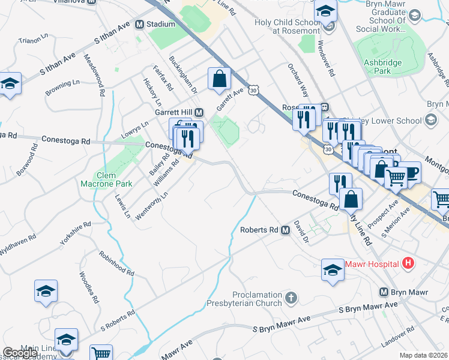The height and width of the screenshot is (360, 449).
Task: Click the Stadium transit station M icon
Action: coord(139,25)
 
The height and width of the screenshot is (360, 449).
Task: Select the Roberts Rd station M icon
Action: coord(285,230)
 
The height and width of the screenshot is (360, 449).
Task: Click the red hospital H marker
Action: coord(408,263)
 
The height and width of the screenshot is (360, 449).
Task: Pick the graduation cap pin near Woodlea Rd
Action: coord(46,292)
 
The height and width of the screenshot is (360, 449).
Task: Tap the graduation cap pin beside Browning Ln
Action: coord(10,84)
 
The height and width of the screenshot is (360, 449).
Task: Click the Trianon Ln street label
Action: coord(33,40)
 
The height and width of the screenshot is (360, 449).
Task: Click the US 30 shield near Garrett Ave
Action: coord(255,90)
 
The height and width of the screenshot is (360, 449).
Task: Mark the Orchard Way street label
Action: coord(297,80)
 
